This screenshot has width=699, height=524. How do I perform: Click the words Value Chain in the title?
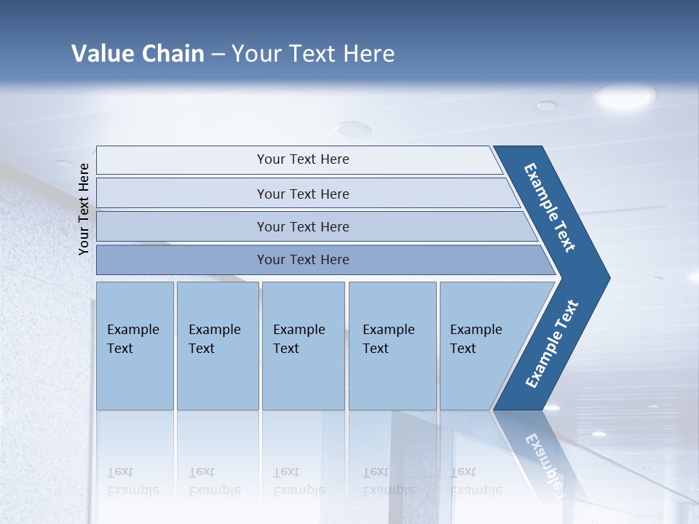pos(138,53)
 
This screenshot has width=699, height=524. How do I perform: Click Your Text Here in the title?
pos(313,53)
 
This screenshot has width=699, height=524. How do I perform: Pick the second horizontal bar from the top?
pos(303,194)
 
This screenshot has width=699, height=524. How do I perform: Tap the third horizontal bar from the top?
pos(303,226)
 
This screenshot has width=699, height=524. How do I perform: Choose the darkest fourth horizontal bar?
pos(303,260)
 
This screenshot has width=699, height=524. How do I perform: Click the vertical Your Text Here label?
pos(84,209)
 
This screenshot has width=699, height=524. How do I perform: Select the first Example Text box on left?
pos(135,346)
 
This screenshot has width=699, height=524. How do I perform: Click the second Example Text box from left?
pos(217,346)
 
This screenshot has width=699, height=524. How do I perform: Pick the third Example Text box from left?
pos(302,346)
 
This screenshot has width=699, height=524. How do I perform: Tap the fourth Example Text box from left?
pos(392,346)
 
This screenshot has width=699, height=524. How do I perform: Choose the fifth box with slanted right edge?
pos(481,346)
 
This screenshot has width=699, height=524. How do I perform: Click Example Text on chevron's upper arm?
pos(550,207)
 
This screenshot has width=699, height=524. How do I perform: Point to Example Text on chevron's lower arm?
pos(552,344)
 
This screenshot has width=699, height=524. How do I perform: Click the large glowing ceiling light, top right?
pos(625,96)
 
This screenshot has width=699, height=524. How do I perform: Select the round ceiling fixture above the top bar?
pos(353,130)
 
